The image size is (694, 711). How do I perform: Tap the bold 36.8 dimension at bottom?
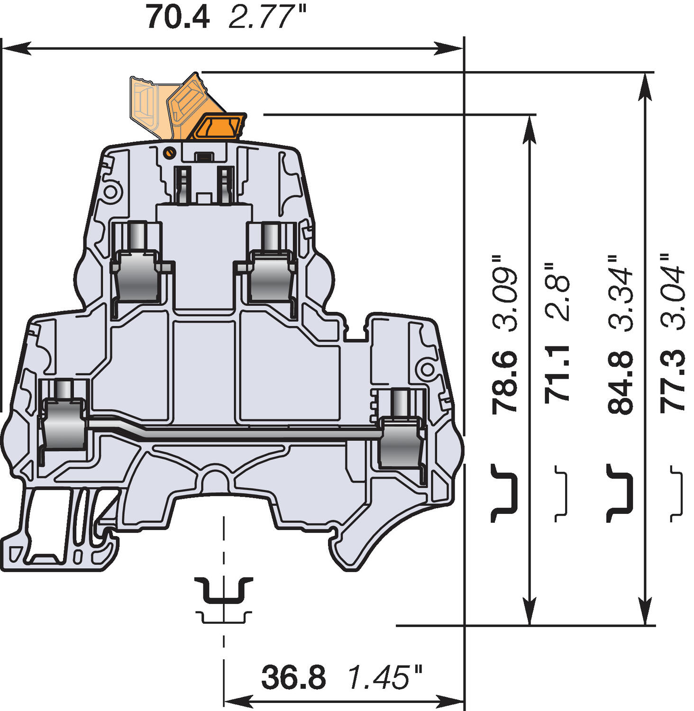[293, 677]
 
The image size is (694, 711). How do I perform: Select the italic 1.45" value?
[384, 677]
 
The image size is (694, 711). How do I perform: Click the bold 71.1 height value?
[557, 374]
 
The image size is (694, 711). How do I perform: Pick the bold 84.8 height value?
[620, 382]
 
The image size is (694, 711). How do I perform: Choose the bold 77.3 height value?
[673, 382]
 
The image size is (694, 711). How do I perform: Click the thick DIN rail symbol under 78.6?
[503, 493]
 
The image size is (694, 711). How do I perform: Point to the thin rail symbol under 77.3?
[677, 493]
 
